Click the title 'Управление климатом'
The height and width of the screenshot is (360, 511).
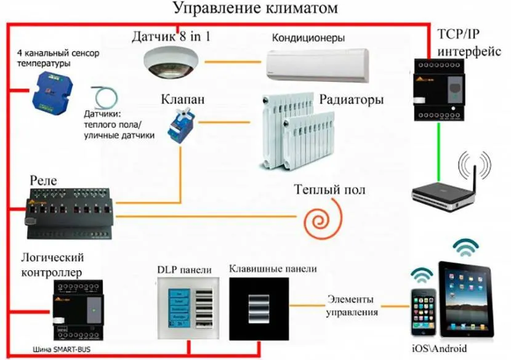coord(255,9)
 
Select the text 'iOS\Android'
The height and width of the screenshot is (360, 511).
coord(440,348)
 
